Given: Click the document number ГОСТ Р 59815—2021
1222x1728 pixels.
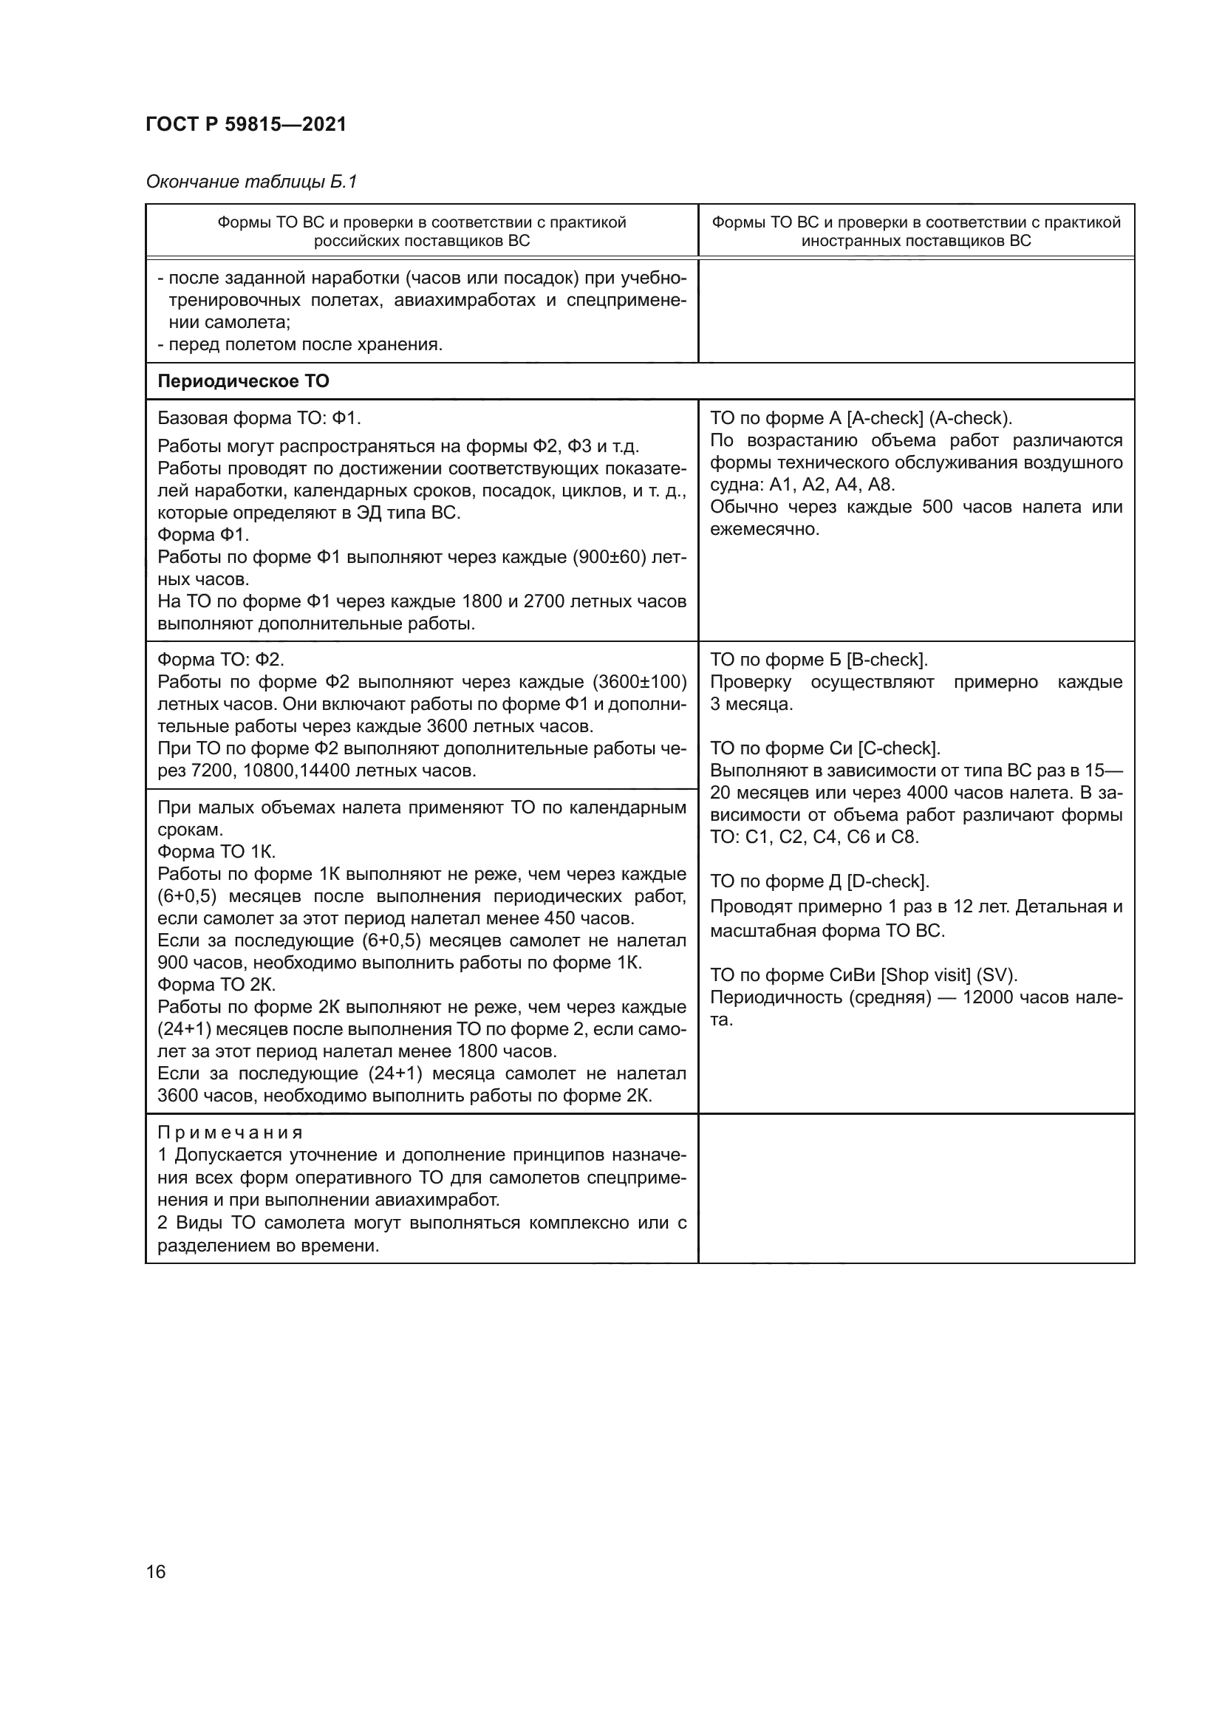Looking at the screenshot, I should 246,124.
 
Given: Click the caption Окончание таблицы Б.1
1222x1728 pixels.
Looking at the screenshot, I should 251,182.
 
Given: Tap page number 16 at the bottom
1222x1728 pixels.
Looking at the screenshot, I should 156,1571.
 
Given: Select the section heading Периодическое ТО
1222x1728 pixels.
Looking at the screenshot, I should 243,380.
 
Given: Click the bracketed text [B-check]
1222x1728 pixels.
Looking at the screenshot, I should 887,660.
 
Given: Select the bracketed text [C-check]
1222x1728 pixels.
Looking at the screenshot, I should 899,748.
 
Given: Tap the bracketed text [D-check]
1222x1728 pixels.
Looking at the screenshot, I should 889,881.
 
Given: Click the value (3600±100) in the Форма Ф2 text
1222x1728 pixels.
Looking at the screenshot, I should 641,682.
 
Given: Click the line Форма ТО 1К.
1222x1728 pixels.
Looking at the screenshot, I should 216,852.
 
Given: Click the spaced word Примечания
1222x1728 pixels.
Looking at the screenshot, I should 231,1133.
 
